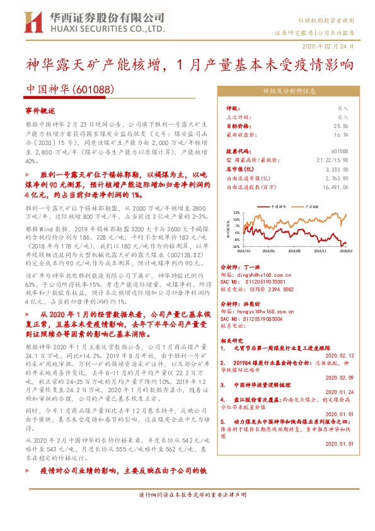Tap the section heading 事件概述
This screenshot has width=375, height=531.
[36, 109]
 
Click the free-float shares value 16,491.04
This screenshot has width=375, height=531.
[335, 187]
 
